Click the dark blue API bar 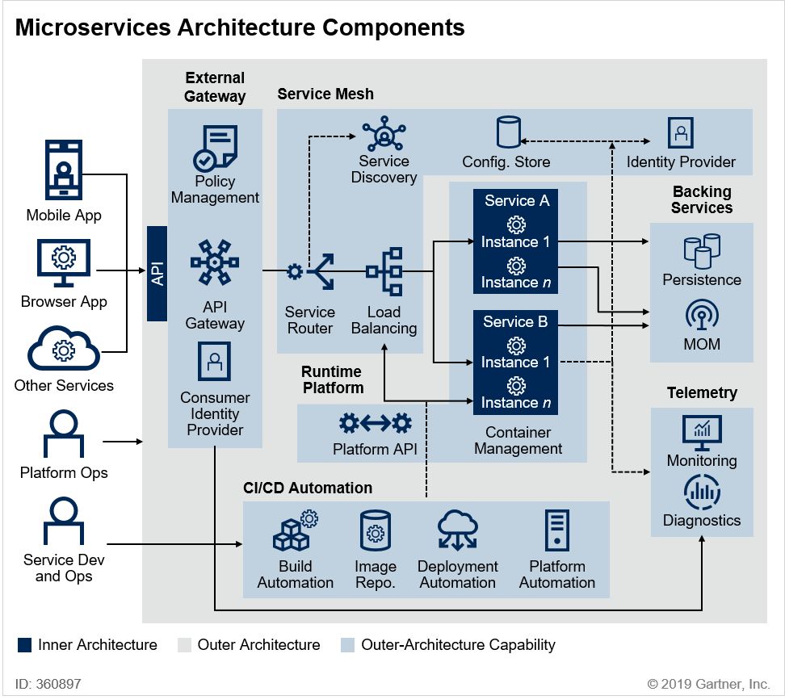(157, 273)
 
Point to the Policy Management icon (215, 147)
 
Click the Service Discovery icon (384, 134)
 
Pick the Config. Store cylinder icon (508, 134)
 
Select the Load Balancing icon (384, 272)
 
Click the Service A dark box (517, 241)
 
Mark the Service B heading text (515, 321)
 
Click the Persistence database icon (702, 250)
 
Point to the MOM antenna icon (702, 315)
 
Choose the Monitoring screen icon (702, 433)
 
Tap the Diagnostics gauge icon (702, 492)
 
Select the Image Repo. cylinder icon (375, 532)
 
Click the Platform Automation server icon (557, 532)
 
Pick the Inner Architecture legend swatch (25, 644)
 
